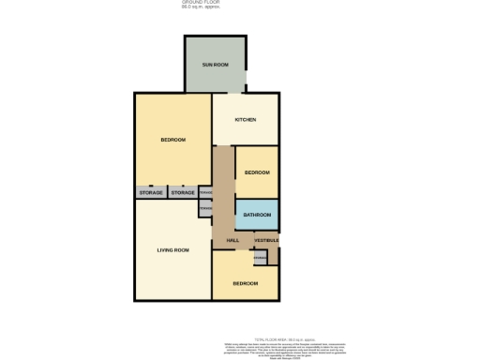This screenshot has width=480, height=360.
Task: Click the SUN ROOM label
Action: (216, 65)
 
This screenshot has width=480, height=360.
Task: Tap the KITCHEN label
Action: (246, 120)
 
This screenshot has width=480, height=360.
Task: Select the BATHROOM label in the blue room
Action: (257, 216)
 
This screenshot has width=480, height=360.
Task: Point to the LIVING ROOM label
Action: (172, 250)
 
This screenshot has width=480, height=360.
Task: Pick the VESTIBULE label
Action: (265, 241)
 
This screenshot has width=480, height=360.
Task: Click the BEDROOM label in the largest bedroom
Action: (172, 140)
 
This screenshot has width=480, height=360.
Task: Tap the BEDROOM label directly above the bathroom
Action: (257, 172)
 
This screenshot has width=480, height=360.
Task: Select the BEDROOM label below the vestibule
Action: (245, 283)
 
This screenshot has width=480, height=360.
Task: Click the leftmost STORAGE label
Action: (151, 193)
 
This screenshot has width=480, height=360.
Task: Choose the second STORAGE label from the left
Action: (183, 193)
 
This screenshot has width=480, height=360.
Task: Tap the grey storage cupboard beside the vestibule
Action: (260, 256)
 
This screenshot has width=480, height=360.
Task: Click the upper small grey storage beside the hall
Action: (205, 193)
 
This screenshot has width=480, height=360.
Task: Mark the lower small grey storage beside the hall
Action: (204, 210)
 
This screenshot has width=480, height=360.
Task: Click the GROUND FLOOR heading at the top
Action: (201, 3)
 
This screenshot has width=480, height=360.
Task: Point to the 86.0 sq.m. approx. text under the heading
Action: (201, 7)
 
